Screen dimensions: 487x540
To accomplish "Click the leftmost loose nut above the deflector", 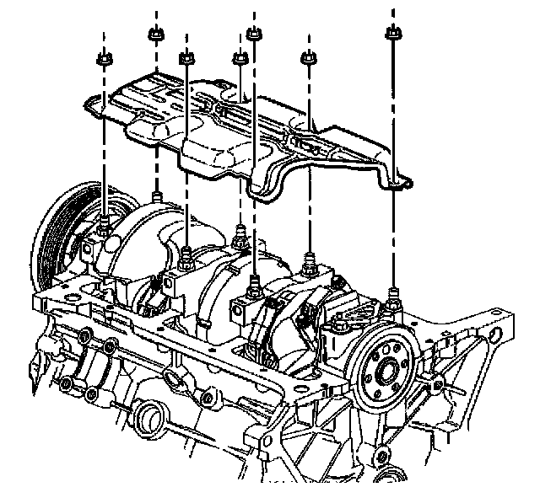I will coord(104,60).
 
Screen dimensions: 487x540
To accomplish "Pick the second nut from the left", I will coord(155,35).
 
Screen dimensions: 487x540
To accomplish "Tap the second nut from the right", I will coord(308,58).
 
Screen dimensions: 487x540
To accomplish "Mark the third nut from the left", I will coord(186,57).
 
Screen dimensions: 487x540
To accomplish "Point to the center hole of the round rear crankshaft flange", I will coord(384,367).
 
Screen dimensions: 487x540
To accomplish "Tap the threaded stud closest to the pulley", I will coord(103,226).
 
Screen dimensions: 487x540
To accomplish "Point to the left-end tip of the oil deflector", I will coord(88,104).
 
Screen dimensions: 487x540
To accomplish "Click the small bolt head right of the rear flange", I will coord(437,386).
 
